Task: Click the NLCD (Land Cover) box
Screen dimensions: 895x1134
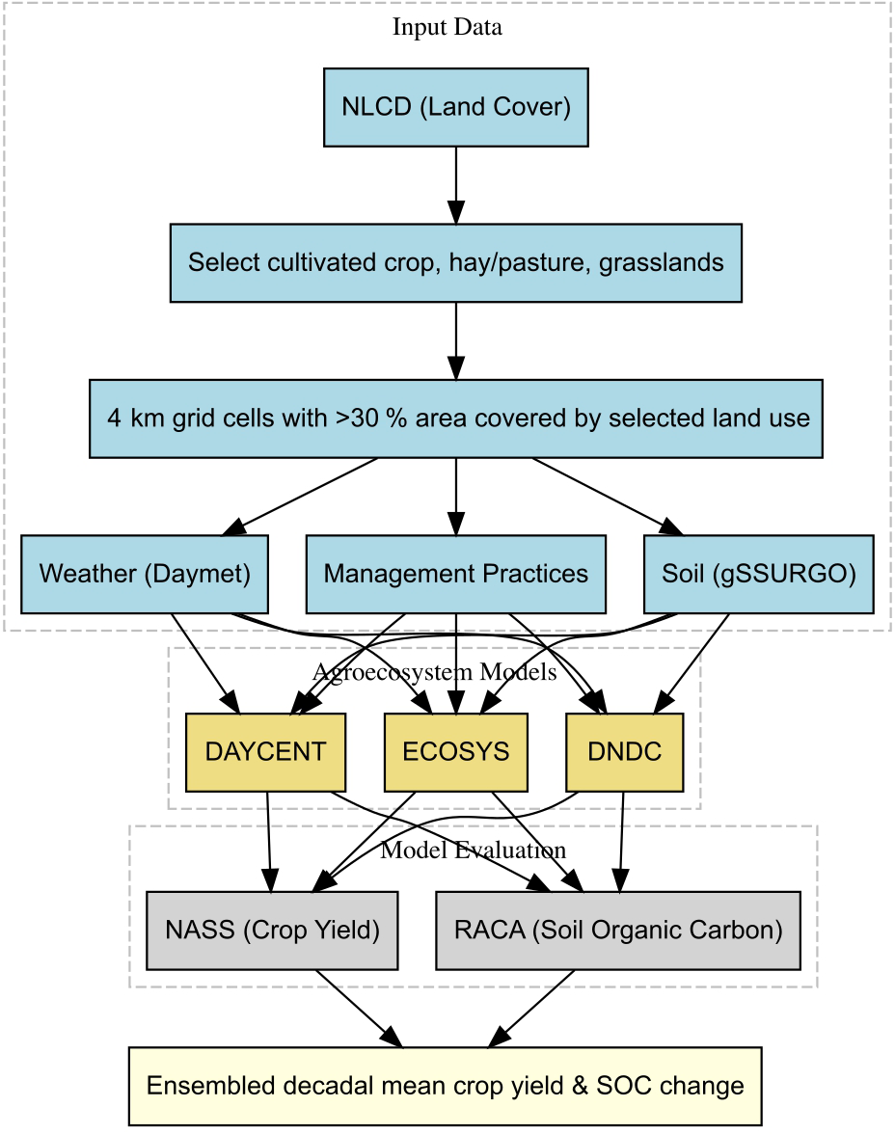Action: [x=456, y=108]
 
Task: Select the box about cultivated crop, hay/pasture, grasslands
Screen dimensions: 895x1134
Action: [x=456, y=263]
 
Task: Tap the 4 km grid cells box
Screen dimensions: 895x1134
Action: [x=456, y=418]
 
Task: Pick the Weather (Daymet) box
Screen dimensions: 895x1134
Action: [x=145, y=575]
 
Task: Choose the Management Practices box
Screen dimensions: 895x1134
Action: [x=456, y=575]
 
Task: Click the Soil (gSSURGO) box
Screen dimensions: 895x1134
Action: [x=759, y=575]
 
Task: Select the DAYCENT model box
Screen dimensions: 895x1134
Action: [x=265, y=752]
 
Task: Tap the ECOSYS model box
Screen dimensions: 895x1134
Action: [x=456, y=752]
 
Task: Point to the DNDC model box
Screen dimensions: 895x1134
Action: [x=624, y=752]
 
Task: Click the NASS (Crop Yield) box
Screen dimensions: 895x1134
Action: [x=272, y=930]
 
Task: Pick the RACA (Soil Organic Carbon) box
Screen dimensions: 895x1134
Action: [x=618, y=930]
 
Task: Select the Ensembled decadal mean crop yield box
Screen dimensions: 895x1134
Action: [x=445, y=1086]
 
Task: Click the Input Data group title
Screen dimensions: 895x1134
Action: [x=447, y=27]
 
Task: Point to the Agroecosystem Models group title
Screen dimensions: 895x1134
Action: [x=435, y=673]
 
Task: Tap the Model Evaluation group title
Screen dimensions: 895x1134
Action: [x=474, y=850]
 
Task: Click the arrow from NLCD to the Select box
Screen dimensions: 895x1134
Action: [x=456, y=185]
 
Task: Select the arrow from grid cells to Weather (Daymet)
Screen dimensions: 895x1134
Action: [x=300, y=497]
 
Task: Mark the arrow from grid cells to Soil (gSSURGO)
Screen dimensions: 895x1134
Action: [x=608, y=497]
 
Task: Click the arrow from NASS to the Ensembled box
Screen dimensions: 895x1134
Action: [x=360, y=1009]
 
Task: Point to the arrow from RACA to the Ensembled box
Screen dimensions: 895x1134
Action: [x=531, y=1009]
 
